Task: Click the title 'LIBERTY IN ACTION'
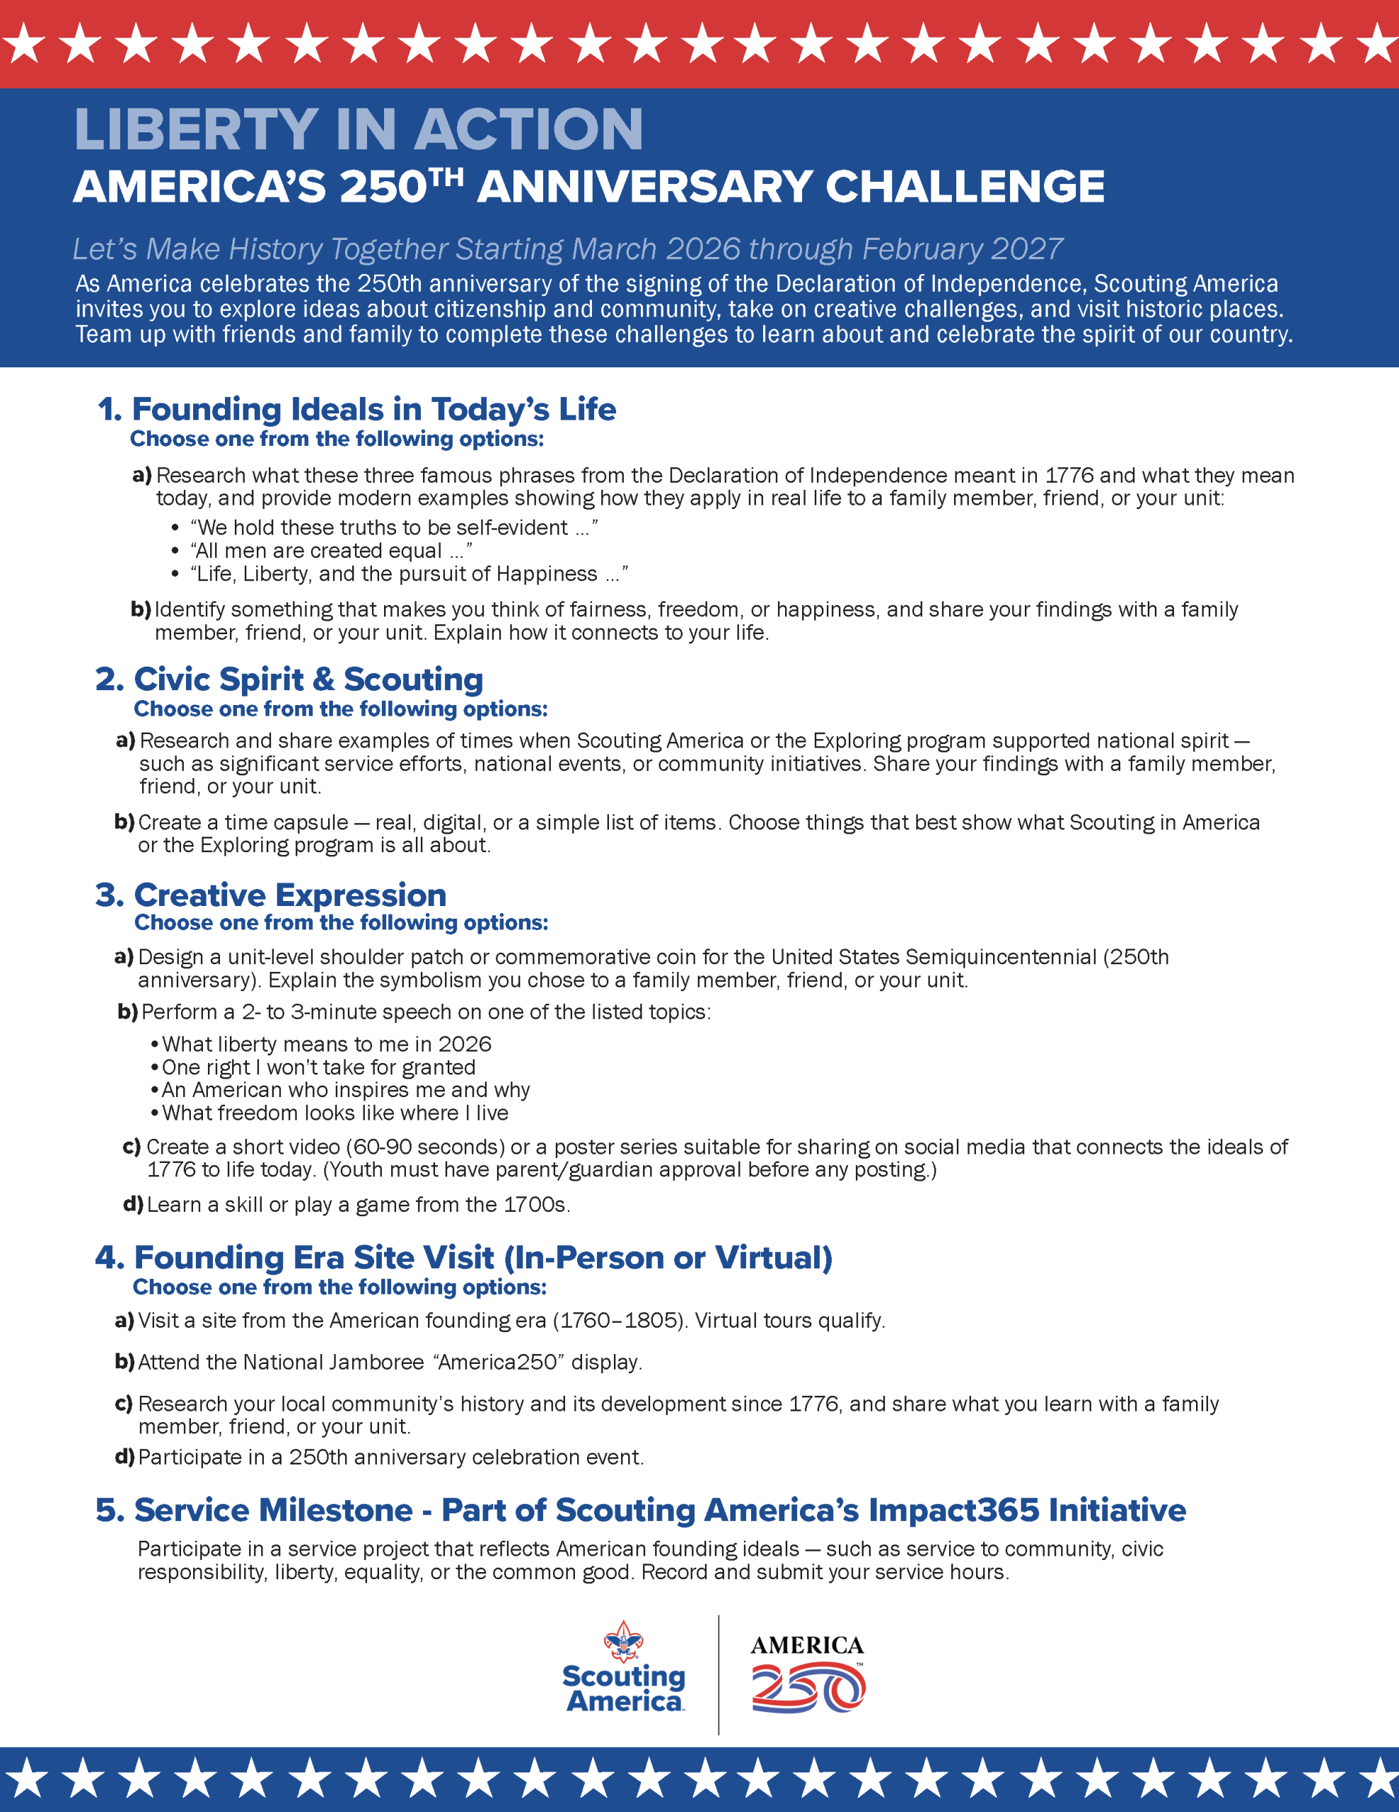pyautogui.click(x=359, y=130)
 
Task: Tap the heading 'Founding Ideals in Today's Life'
pyautogui.click(x=373, y=409)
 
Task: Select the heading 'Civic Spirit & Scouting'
pyautogui.click(x=308, y=679)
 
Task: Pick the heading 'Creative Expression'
pyautogui.click(x=289, y=895)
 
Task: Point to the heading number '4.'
pyautogui.click(x=110, y=1257)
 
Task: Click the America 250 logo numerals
pyautogui.click(x=808, y=1690)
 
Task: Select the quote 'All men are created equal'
pyautogui.click(x=319, y=551)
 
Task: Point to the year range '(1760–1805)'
pyautogui.click(x=620, y=1320)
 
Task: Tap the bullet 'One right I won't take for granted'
pyautogui.click(x=318, y=1067)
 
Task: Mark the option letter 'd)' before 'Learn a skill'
pyautogui.click(x=133, y=1204)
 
